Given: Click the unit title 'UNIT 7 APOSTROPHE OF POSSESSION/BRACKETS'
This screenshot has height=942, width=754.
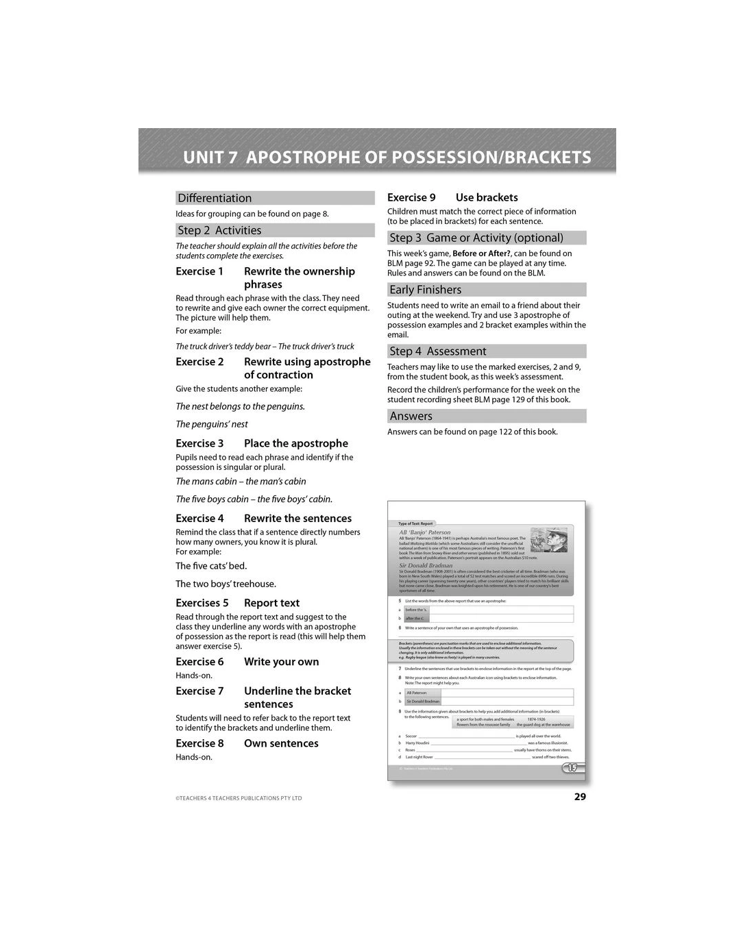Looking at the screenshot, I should (x=387, y=158).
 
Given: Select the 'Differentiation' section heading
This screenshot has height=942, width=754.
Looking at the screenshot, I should (x=215, y=198).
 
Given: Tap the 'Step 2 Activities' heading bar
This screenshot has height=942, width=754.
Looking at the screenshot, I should (x=219, y=230).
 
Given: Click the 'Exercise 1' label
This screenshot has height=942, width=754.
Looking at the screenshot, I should (x=199, y=271).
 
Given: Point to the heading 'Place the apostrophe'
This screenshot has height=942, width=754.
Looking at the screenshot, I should (x=296, y=443).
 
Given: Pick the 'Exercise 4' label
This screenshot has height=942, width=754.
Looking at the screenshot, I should (x=199, y=519).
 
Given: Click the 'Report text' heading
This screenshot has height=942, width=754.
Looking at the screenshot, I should (x=271, y=603).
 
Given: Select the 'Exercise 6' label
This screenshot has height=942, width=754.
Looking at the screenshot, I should (x=199, y=662).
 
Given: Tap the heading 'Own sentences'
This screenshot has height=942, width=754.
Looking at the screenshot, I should (x=281, y=743).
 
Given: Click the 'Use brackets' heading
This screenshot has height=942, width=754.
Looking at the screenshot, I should (x=487, y=197).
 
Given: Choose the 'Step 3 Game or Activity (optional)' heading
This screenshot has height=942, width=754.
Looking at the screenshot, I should (x=476, y=238).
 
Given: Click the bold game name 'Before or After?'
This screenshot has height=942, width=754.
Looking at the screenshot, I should (x=481, y=253).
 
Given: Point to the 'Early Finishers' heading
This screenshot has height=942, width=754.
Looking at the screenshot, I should (x=426, y=290).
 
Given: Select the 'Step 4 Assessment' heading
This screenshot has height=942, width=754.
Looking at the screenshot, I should (x=438, y=351).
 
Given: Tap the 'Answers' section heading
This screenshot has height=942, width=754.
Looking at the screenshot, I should (x=411, y=416).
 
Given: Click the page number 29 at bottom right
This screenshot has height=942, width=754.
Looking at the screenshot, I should (x=580, y=797).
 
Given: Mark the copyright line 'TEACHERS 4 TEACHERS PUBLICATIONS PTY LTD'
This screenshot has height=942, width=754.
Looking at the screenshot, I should (x=239, y=798).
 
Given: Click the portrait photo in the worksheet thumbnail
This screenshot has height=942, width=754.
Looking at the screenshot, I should (x=549, y=541).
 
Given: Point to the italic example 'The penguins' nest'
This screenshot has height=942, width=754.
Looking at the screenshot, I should (x=212, y=424).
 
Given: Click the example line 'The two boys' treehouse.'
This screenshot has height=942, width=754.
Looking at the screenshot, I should (x=226, y=584).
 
